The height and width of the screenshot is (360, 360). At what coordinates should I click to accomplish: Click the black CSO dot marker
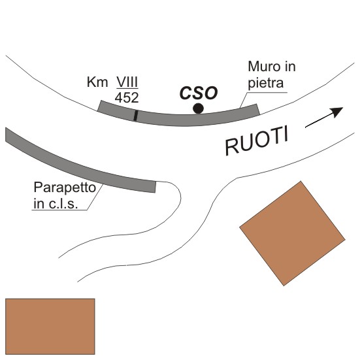click(198, 108)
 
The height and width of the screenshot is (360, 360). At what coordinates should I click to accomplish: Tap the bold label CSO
click(199, 93)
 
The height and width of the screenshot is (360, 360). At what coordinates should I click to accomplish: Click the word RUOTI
click(257, 140)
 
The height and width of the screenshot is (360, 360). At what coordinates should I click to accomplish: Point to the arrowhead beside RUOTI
click(337, 112)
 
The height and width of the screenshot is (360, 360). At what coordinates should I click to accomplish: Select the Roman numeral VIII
click(127, 82)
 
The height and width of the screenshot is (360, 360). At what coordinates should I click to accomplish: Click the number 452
click(127, 97)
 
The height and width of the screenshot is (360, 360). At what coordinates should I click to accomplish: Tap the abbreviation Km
click(97, 82)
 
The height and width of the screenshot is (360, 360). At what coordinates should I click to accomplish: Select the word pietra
click(266, 83)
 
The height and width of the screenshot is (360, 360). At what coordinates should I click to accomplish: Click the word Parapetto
click(65, 188)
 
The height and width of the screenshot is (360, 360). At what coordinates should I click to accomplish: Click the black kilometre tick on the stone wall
click(136, 115)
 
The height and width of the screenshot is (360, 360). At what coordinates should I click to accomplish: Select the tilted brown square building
click(292, 233)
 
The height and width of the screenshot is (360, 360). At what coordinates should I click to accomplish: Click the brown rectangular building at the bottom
click(50, 326)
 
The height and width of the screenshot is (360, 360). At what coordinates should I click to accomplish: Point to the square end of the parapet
click(155, 187)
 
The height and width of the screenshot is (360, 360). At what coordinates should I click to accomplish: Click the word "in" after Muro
click(290, 67)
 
